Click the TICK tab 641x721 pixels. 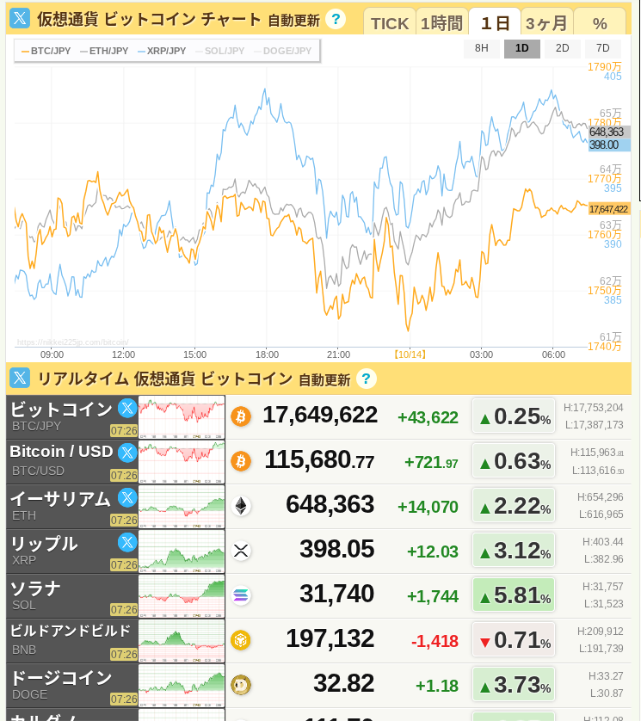click(390, 23)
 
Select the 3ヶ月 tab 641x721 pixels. click(546, 23)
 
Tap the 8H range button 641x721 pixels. click(482, 48)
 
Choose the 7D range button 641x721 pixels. click(602, 48)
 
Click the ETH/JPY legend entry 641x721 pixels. click(104, 51)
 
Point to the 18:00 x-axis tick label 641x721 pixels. click(267, 354)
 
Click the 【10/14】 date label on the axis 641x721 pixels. click(410, 354)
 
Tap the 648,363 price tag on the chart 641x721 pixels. click(607, 132)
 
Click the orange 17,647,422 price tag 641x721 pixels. click(608, 209)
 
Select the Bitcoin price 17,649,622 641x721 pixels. click(320, 415)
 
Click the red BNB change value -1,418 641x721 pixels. click(435, 641)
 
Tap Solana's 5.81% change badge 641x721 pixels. click(515, 595)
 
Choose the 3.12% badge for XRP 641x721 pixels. click(515, 551)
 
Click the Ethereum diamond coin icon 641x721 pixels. click(241, 506)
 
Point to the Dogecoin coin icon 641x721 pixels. click(241, 685)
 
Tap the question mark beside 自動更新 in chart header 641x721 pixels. click(336, 19)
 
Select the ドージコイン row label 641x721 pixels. click(60, 678)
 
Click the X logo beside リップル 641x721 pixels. click(127, 542)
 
